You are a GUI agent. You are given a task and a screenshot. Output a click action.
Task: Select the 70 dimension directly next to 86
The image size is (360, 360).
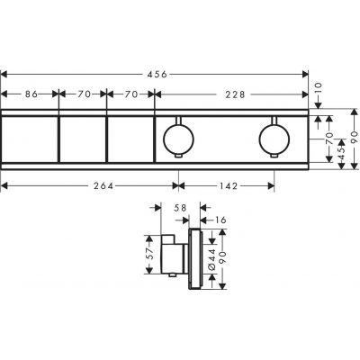[83, 91]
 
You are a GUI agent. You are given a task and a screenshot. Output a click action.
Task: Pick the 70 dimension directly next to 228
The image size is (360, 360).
[130, 91]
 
